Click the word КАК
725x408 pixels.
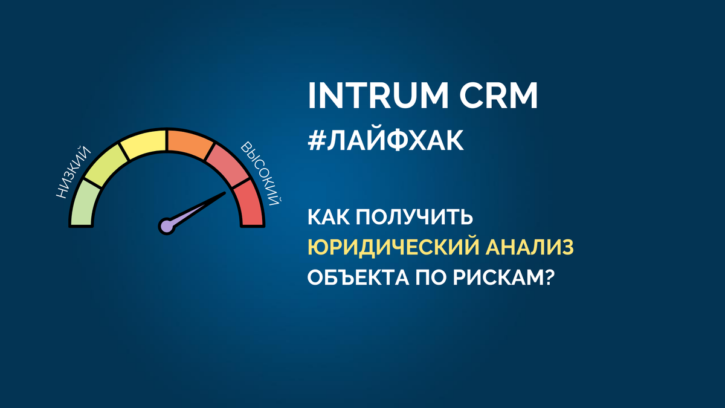[329, 218]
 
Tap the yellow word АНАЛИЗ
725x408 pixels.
[531, 248]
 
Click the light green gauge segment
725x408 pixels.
[83, 206]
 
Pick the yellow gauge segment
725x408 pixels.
[143, 144]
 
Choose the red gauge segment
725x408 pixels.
[249, 206]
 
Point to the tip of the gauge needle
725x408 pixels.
[225, 193]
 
